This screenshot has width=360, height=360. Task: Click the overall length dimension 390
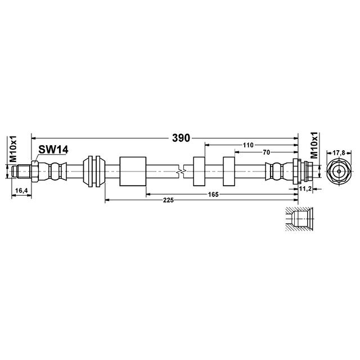click(181, 137)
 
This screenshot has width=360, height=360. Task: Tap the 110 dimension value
click(248, 145)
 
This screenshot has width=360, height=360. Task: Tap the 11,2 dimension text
click(305, 188)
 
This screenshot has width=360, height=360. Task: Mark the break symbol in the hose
click(181, 170)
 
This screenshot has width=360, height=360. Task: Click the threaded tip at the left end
click(22, 170)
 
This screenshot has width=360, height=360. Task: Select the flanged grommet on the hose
click(93, 170)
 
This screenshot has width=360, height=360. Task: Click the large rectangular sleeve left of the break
click(133, 170)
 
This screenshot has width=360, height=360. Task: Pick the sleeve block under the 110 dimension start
click(200, 170)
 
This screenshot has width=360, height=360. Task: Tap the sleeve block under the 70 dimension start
click(229, 170)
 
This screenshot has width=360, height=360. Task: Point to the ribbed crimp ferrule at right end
click(277, 170)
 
